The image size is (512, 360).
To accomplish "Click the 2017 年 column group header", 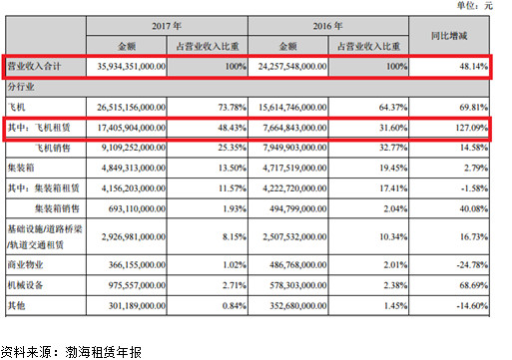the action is (167, 26).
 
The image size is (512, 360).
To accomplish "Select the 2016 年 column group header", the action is (327, 26).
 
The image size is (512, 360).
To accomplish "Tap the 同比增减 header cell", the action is (449, 36).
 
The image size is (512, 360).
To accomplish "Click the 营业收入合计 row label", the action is (34, 66).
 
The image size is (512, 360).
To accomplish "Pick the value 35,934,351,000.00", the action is (132, 66).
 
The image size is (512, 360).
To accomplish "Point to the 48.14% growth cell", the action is (474, 66).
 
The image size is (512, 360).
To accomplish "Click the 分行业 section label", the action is (21, 87).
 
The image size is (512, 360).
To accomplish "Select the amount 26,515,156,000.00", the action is (132, 108).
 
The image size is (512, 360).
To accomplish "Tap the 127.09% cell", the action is (472, 128).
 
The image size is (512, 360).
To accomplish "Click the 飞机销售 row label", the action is (53, 148).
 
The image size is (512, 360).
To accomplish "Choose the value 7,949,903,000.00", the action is (294, 148).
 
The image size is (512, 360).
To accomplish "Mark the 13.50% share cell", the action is (233, 168).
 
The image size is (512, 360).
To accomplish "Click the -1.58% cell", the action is (474, 188).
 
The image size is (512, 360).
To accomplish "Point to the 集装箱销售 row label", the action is (57, 208).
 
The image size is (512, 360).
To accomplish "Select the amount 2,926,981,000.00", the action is (134, 237).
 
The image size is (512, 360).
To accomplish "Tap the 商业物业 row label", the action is (26, 265).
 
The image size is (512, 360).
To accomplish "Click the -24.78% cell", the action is (472, 265).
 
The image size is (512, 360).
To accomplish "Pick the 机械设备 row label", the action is (26, 285).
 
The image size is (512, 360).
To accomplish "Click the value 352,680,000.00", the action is (298, 305).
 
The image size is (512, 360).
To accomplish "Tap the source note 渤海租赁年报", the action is (103, 352).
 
